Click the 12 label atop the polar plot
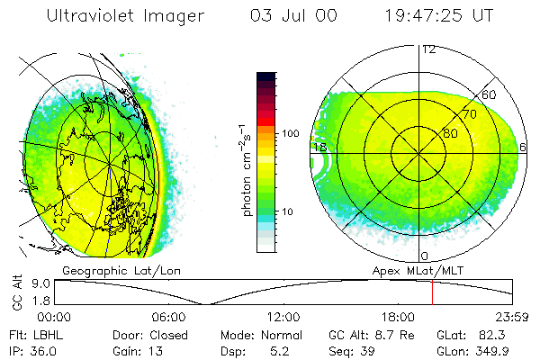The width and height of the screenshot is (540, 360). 428,49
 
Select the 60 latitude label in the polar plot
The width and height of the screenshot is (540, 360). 490,94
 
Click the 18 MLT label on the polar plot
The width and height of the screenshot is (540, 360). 319,147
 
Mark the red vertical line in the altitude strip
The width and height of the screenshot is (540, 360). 432,292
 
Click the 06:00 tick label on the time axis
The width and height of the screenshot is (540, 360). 168,317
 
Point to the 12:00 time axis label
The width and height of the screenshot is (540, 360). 283,317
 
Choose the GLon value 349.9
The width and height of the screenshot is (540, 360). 492,350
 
